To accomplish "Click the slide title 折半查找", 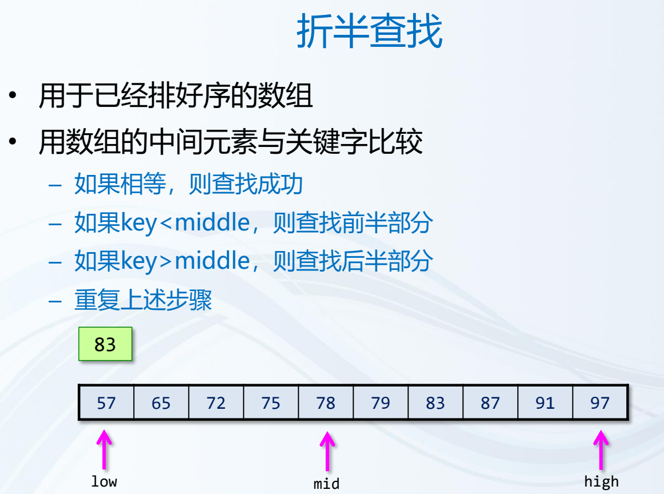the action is (370, 30).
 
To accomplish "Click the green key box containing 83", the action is (106, 344).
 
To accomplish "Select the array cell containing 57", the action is (106, 403).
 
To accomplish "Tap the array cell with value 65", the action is (161, 403).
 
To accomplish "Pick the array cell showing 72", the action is (216, 403).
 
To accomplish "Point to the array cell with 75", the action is (271, 403).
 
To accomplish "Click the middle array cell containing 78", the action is (326, 403).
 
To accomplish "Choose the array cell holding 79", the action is (380, 403).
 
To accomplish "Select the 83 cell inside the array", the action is (435, 403).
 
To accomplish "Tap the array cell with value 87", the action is (490, 403).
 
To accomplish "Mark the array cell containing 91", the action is (545, 403).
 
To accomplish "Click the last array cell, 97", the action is (599, 403).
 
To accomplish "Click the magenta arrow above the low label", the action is (104, 449).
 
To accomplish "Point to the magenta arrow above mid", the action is (327, 451).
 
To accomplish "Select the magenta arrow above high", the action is (601, 449).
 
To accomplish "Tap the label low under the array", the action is (104, 481).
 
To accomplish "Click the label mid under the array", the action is (326, 483).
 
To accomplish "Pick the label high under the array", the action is (601, 482).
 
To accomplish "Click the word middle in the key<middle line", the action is (212, 222).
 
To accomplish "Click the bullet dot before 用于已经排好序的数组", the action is (13, 95).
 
